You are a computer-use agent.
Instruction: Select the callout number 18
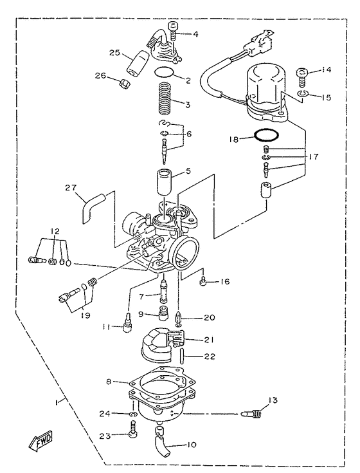point(235,138)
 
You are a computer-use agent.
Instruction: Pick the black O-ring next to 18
point(265,136)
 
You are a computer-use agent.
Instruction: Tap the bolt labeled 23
point(132,435)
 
